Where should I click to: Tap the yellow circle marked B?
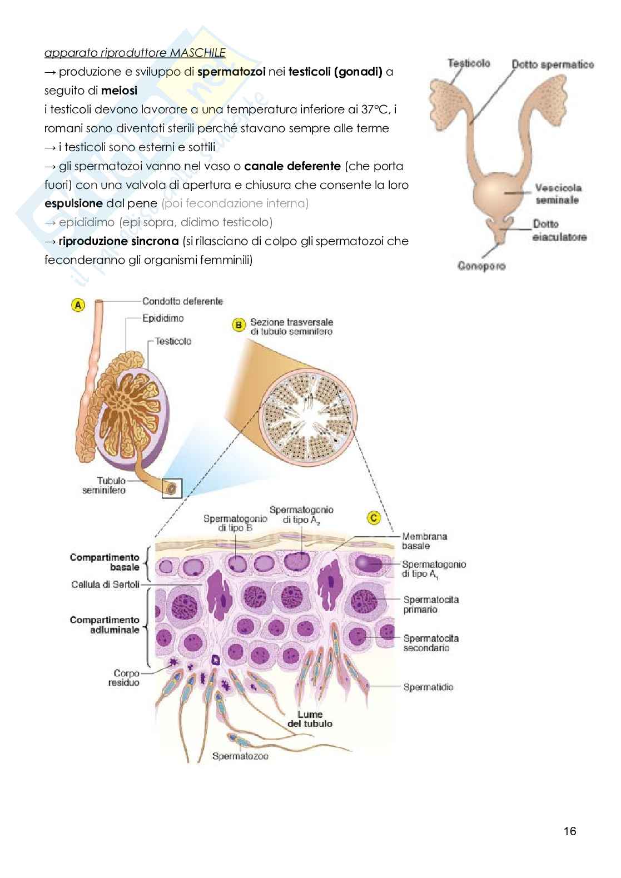(x=239, y=325)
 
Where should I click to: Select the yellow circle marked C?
(x=374, y=518)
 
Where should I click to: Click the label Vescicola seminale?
(x=558, y=194)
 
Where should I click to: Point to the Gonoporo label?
(x=481, y=266)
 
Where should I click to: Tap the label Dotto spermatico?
(x=553, y=64)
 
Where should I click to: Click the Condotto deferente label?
(x=182, y=301)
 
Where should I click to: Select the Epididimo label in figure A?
(x=162, y=318)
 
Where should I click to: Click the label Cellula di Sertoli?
(x=105, y=585)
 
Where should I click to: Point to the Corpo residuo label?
(x=124, y=677)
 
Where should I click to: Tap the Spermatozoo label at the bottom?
(x=240, y=756)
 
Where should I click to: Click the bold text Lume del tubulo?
(x=310, y=719)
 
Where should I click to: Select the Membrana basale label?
(x=425, y=541)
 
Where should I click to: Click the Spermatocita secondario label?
(x=431, y=643)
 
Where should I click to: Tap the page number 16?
(x=570, y=831)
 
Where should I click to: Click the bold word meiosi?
(x=119, y=91)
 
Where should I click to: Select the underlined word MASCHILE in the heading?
(x=198, y=53)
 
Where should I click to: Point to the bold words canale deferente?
(x=292, y=166)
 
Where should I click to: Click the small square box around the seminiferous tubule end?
(x=172, y=488)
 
